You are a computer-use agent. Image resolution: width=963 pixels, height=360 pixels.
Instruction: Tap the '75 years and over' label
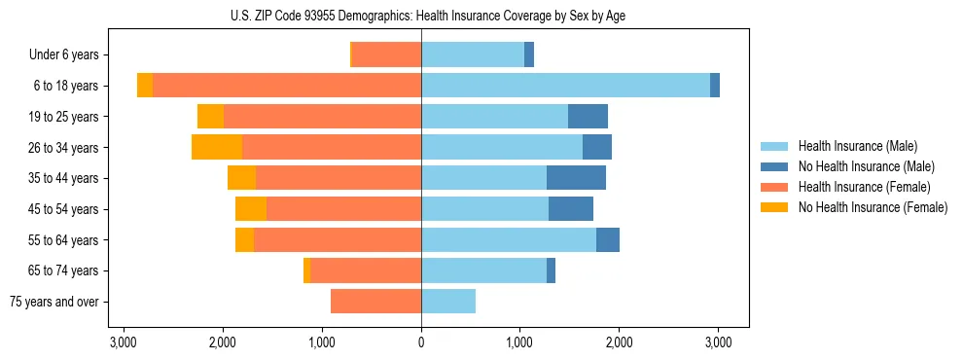click(x=54, y=302)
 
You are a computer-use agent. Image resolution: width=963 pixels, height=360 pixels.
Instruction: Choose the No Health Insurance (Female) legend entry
click(x=873, y=207)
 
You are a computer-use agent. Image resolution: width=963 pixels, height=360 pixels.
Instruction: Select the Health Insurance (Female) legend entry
click(x=865, y=187)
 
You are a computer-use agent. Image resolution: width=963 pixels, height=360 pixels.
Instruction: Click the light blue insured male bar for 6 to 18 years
click(x=565, y=86)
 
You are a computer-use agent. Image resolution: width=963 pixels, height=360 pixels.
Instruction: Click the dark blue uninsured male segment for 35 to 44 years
click(x=576, y=178)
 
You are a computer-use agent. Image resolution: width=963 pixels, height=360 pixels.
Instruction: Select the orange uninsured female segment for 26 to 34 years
click(x=217, y=147)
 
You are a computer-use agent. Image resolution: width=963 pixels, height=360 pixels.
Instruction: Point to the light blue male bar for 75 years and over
click(x=448, y=302)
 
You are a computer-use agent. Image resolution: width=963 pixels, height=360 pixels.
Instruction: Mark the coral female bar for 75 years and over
click(x=375, y=302)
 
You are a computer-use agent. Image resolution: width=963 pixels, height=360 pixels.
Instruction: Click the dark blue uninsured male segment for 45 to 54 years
click(x=571, y=209)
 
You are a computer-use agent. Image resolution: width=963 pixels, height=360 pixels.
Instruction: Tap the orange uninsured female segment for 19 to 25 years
click(x=210, y=117)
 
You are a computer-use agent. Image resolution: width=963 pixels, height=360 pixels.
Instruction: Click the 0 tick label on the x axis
click(x=421, y=342)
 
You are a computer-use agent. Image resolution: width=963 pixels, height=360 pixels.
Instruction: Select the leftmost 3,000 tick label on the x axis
click(x=124, y=342)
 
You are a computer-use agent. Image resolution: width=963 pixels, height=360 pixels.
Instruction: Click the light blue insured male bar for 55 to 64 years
click(x=509, y=240)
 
